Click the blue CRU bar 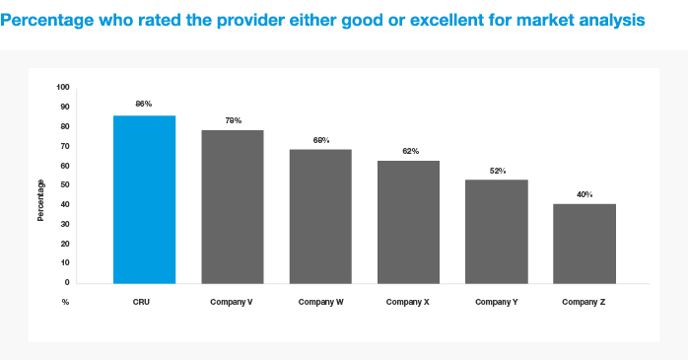[144, 199]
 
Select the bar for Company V [233, 207]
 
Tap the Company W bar [320, 216]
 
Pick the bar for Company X [408, 222]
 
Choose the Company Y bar [497, 232]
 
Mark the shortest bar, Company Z [585, 244]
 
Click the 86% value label [144, 104]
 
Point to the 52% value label [498, 171]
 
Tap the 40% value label [585, 194]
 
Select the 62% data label [411, 151]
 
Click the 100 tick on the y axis [63, 87]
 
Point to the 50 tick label [65, 184]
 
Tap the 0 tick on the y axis [67, 282]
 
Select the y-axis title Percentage [40, 200]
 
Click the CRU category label [141, 302]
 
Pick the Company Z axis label [584, 302]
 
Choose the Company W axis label [320, 302]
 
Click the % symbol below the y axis [65, 302]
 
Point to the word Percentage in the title [47, 21]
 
